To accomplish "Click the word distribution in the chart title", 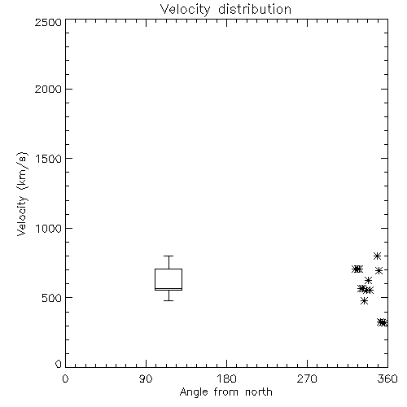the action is pyautogui.click(x=255, y=10).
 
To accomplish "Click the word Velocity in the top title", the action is pyautogui.click(x=185, y=10).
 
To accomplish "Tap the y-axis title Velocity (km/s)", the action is pyautogui.click(x=22, y=195).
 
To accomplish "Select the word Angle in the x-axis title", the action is pyautogui.click(x=194, y=392).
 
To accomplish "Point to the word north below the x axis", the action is pyautogui.click(x=258, y=392).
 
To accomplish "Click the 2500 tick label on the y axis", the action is pyautogui.click(x=48, y=22).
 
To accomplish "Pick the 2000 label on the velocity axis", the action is pyautogui.click(x=48, y=89).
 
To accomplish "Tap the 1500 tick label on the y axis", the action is pyautogui.click(x=49, y=159).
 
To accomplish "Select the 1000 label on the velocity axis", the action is pyautogui.click(x=49, y=228).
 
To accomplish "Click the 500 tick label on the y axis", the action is pyautogui.click(x=52, y=298).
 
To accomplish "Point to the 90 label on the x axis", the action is pyautogui.click(x=146, y=379).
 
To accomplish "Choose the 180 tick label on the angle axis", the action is pyautogui.click(x=226, y=379).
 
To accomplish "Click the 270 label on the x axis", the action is pyautogui.click(x=307, y=379).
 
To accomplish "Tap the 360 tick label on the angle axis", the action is pyautogui.click(x=387, y=379).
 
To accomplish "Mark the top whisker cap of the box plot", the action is pyautogui.click(x=168, y=256).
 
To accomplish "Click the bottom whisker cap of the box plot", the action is pyautogui.click(x=168, y=300).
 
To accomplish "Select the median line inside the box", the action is pyautogui.click(x=168, y=288).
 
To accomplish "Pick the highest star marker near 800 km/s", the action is pyautogui.click(x=377, y=256).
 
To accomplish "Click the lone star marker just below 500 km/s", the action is pyautogui.click(x=365, y=300).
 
